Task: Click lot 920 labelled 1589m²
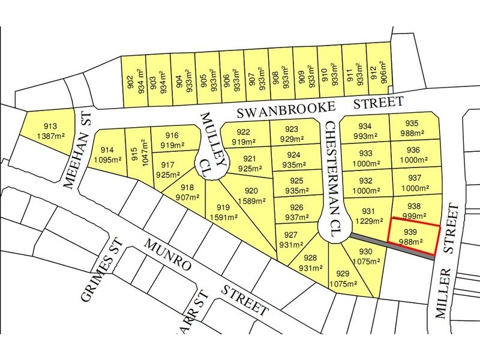pyautogui.click(x=251, y=196)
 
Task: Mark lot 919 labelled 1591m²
pyautogui.click(x=224, y=212)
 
